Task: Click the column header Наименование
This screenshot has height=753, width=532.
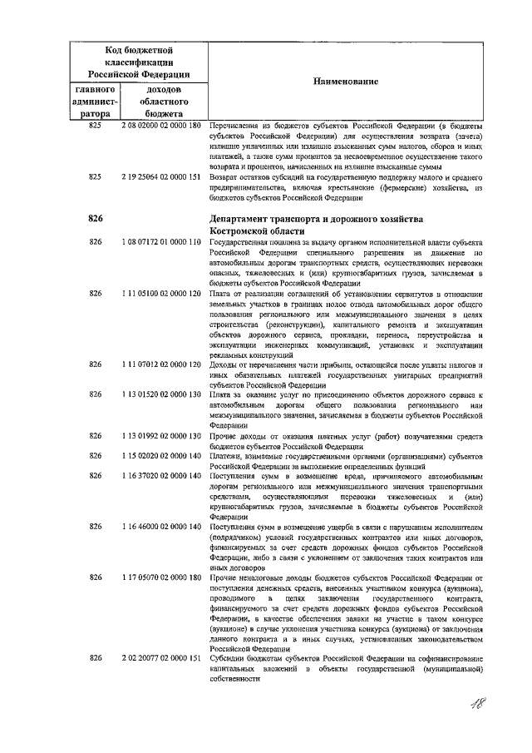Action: pyautogui.click(x=345, y=82)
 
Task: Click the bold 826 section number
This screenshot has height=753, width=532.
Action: pyautogui.click(x=95, y=218)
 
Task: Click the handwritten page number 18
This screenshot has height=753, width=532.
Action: pyautogui.click(x=479, y=706)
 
